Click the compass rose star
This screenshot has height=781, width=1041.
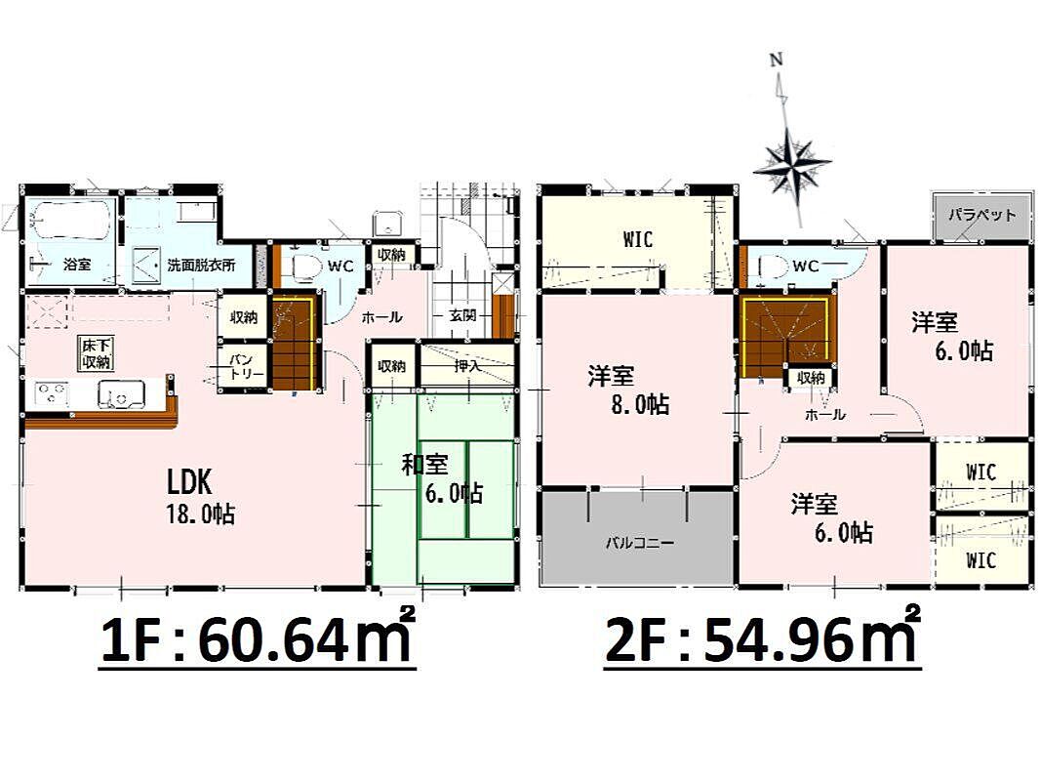tap(792, 161)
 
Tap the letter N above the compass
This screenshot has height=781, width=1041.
tap(776, 60)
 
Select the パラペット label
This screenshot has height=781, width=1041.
tap(981, 215)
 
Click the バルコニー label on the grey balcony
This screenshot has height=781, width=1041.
tap(639, 543)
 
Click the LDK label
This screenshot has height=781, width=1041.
tap(189, 481)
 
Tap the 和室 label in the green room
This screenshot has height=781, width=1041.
tap(424, 465)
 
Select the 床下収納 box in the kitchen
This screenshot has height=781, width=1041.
tap(97, 353)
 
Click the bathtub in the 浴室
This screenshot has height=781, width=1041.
tap(70, 222)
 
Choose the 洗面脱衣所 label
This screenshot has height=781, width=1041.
tap(201, 266)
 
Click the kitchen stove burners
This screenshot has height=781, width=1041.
tap(51, 393)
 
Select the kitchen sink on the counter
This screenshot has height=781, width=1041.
tap(122, 393)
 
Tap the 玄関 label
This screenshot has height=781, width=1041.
tap(462, 315)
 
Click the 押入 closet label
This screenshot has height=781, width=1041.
tap(468, 365)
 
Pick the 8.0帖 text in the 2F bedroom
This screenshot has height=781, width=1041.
tap(639, 404)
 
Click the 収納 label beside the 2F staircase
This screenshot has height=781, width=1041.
tap(811, 377)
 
